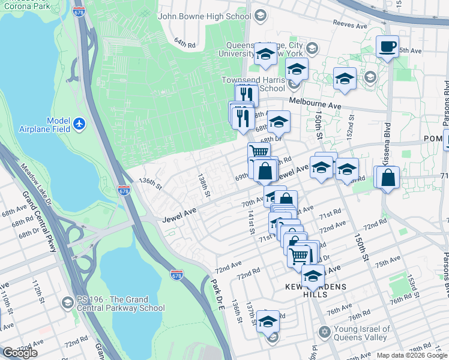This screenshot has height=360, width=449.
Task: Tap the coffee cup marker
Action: pos(387,47)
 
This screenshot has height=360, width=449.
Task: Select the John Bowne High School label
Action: pos(204,16)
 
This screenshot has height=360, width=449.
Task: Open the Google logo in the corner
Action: pos(20,352)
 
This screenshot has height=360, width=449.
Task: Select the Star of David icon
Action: pos(324,332)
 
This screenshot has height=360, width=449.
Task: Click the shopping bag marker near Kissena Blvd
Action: pos(388,179)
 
